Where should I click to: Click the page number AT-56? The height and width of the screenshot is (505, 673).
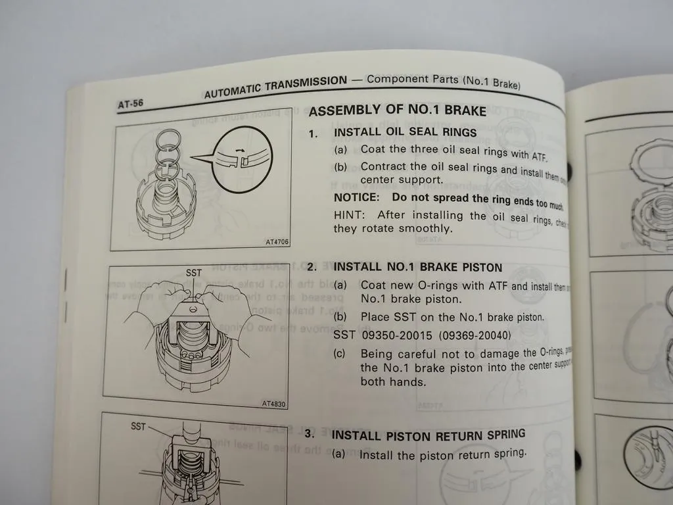131,103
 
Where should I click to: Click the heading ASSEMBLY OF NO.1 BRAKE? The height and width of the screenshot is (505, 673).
398,110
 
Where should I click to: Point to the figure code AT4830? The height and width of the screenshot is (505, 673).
273,404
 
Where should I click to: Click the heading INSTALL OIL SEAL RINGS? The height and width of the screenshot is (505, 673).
406,132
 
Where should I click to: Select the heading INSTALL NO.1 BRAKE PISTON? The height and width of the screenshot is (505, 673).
418,267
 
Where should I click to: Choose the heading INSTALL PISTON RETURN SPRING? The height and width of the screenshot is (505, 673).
429,435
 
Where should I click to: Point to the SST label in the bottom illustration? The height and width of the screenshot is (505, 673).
138,426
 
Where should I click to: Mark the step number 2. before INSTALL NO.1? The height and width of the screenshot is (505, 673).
312,267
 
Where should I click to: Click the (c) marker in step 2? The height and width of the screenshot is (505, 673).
339,354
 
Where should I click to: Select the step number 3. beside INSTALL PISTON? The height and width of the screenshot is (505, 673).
310,435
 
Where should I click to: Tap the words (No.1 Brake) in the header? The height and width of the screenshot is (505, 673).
492,82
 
